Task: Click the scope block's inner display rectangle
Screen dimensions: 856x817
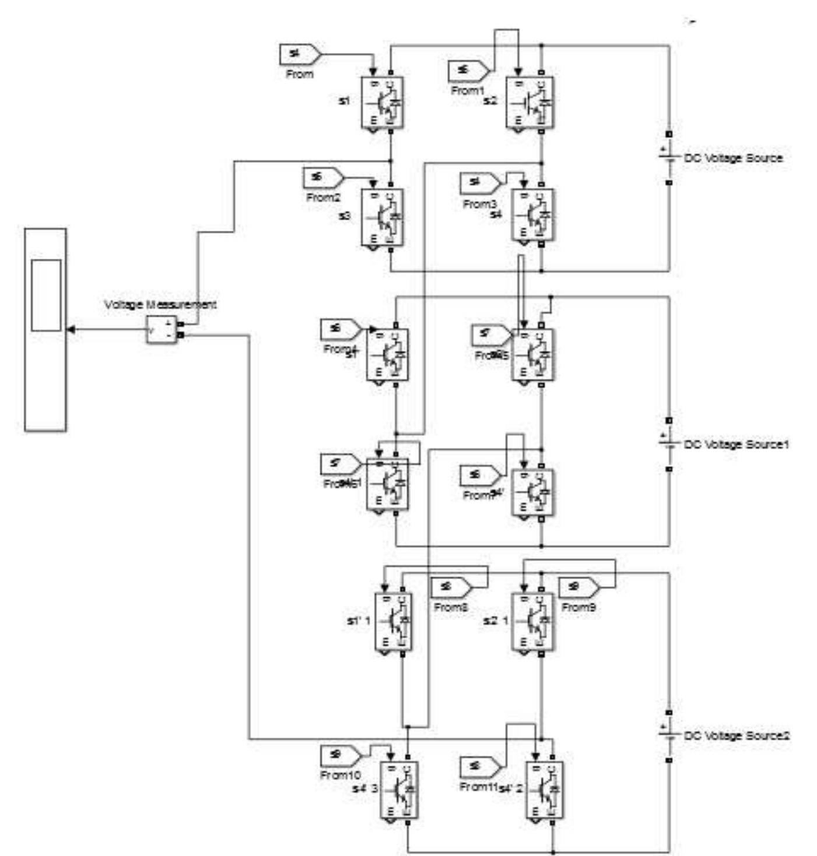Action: [x=46, y=295]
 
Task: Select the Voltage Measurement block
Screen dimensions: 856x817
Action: [x=161, y=330]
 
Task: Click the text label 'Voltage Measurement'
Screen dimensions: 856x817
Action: [x=160, y=305]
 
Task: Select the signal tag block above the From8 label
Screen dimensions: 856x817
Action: [x=451, y=587]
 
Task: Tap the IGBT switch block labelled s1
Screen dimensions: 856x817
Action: [x=382, y=103]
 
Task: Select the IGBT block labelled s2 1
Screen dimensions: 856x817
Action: [x=532, y=621]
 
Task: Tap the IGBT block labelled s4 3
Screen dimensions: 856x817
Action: [x=399, y=789]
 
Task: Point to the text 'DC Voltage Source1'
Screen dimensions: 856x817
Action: [x=736, y=445]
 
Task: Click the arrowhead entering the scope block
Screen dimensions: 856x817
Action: [x=71, y=330]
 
